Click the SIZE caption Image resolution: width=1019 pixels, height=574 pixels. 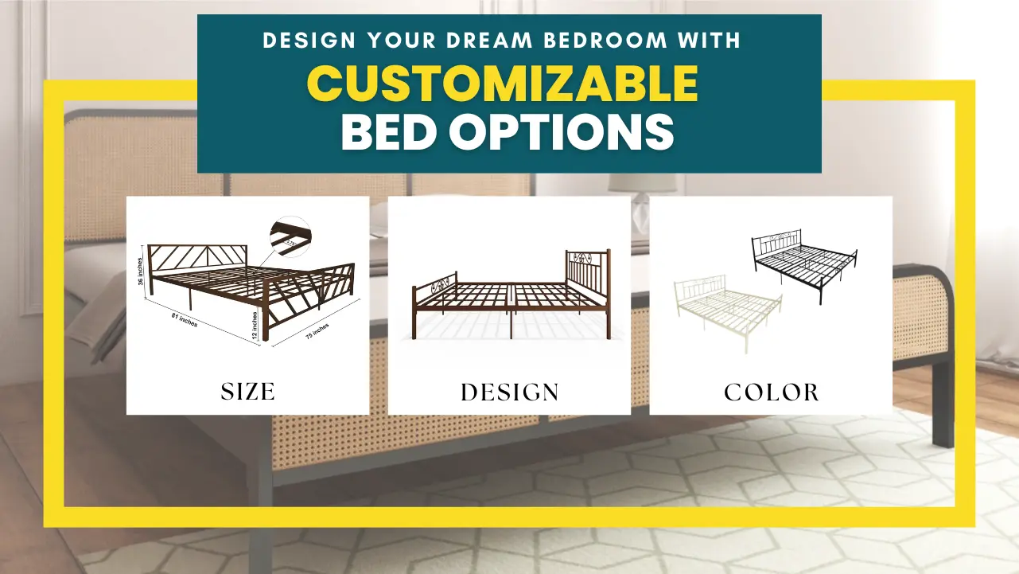point(248,391)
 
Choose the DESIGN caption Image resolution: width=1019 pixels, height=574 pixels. point(510,392)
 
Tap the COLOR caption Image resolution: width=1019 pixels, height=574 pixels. point(772,392)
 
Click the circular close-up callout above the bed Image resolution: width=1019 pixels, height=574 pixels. point(290,236)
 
